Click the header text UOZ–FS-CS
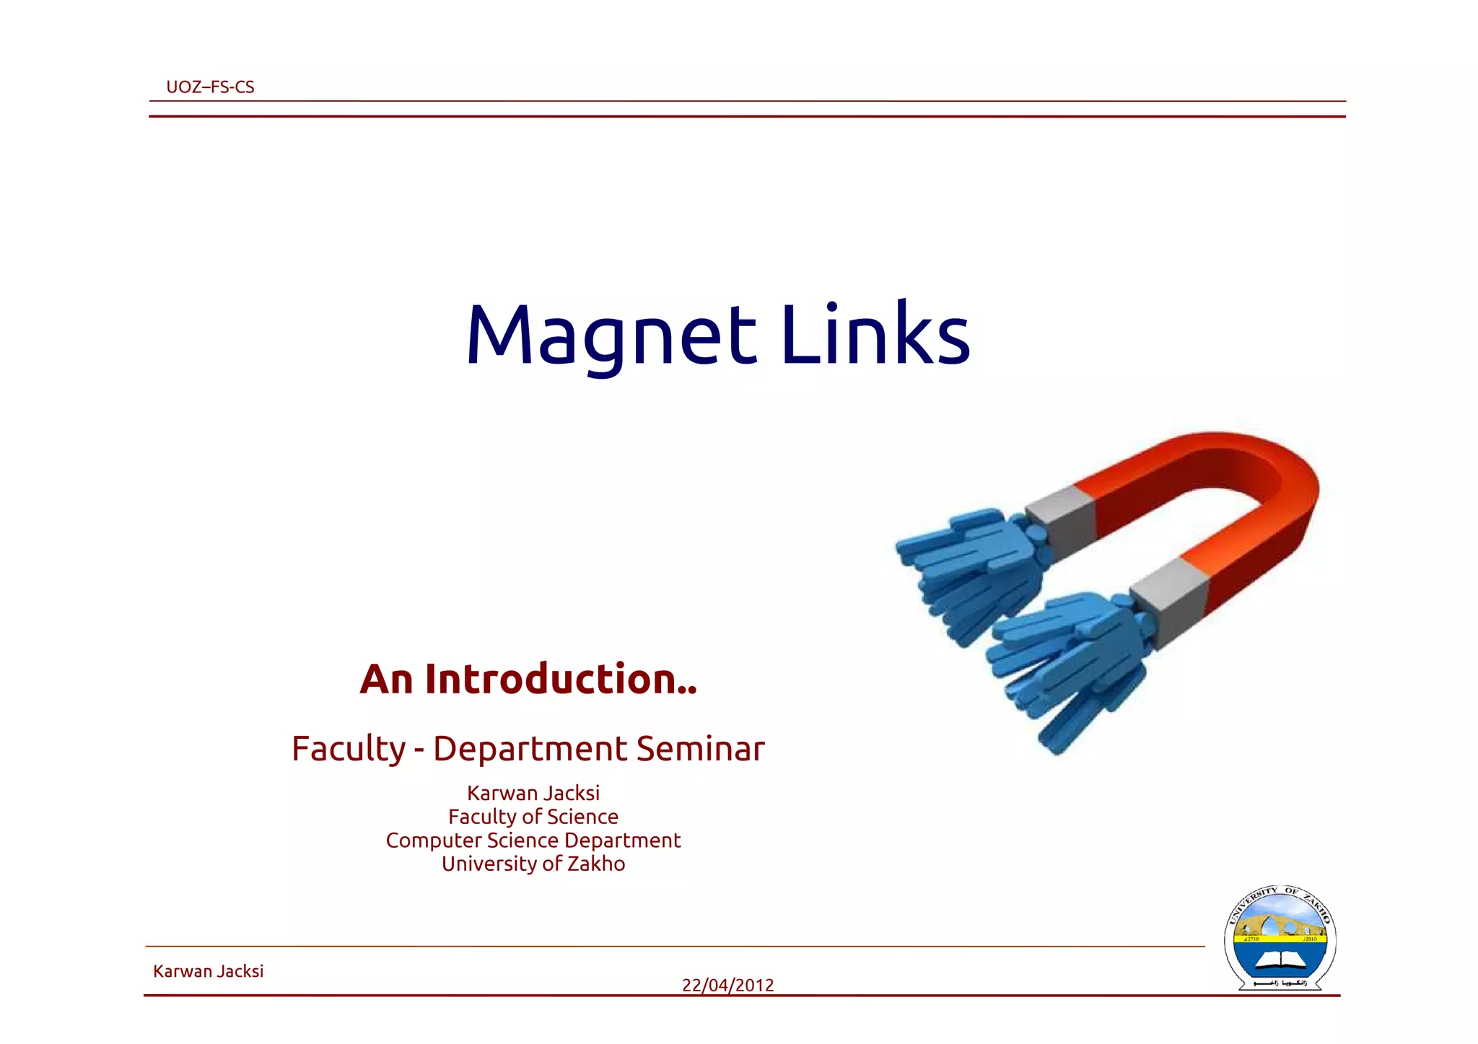(x=210, y=87)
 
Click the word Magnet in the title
(x=611, y=335)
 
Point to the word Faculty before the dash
(x=349, y=749)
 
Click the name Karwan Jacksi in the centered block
(x=533, y=793)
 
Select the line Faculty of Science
(x=533, y=817)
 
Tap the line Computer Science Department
(x=533, y=841)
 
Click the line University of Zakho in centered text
(x=533, y=864)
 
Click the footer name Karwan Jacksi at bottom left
(x=208, y=971)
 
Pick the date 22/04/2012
(x=727, y=985)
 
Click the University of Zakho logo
(x=1280, y=938)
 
